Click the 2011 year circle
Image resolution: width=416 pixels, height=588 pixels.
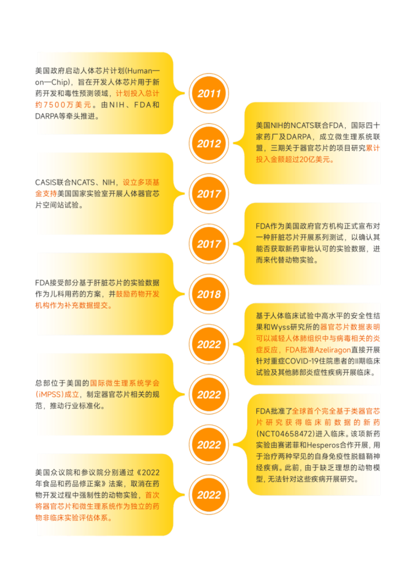tap(209, 94)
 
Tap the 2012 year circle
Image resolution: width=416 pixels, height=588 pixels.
tap(209, 144)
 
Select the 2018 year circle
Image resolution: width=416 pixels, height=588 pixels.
tap(209, 295)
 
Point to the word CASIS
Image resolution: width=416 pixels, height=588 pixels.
tap(46, 182)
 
